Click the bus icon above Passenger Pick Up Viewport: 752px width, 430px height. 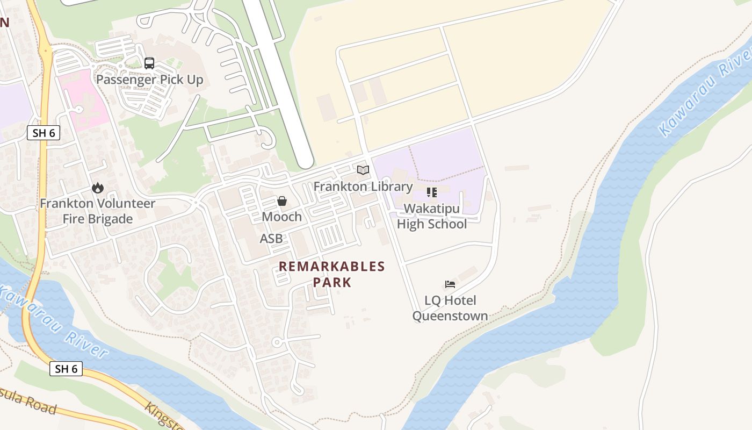149,63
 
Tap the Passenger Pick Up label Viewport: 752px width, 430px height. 149,80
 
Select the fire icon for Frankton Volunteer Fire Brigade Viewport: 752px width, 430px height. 97,188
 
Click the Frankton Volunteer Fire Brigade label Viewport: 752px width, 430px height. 97,211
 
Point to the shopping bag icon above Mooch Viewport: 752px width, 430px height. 281,201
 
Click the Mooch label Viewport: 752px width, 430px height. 281,217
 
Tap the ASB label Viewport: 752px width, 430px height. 271,239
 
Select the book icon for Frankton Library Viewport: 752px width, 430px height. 363,170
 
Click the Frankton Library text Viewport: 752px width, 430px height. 363,187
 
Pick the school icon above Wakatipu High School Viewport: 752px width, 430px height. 431,192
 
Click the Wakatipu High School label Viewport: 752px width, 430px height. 431,216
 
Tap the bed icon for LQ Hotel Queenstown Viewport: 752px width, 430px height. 450,284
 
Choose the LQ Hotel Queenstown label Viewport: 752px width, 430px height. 450,308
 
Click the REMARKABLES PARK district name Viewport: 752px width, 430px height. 332,274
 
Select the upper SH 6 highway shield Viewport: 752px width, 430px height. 43,133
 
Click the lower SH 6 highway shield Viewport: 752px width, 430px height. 67,369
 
